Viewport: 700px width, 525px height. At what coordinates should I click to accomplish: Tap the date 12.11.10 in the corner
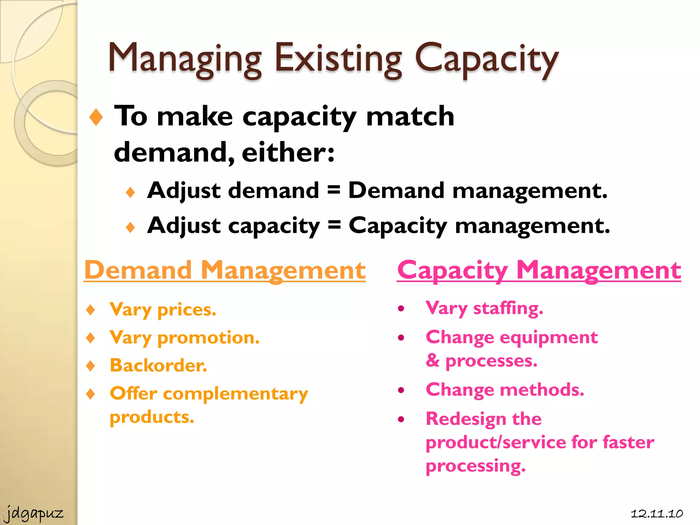(657, 513)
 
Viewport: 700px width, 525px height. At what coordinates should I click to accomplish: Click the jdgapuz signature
(35, 513)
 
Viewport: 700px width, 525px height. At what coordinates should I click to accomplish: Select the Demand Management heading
(225, 270)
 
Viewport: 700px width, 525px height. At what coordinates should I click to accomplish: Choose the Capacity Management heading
(539, 270)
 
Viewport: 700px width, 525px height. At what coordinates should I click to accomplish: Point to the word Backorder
(158, 365)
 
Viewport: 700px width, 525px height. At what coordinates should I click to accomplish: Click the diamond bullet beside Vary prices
(91, 310)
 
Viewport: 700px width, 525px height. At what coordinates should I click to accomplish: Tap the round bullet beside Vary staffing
(401, 309)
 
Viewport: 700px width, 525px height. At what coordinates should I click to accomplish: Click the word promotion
(208, 338)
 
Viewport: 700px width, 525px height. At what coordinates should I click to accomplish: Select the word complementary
(235, 394)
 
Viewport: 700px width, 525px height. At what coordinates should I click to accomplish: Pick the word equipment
(549, 338)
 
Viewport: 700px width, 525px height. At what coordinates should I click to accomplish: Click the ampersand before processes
(433, 360)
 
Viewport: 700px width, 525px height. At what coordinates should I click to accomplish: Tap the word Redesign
(466, 419)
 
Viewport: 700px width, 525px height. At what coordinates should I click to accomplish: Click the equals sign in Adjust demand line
(334, 190)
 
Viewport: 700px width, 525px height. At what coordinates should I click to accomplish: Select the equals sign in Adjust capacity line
(334, 225)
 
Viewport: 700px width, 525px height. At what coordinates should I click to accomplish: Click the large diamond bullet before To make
(96, 117)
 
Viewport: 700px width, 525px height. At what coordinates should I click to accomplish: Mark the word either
(288, 152)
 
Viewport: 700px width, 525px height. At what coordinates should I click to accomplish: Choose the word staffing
(508, 308)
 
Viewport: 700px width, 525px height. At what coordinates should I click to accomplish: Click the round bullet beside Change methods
(401, 390)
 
